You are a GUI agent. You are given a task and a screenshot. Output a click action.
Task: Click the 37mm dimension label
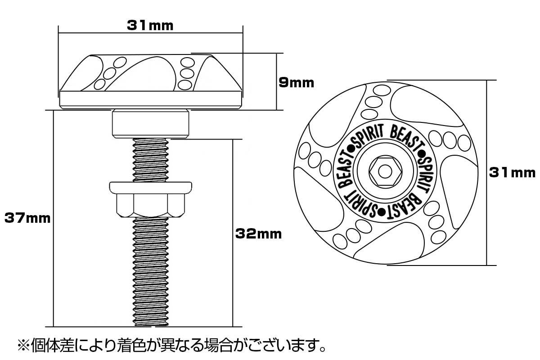(27, 218)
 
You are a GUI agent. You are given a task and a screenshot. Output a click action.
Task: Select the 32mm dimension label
(258, 234)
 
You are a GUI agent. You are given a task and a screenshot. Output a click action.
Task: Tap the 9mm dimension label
(296, 83)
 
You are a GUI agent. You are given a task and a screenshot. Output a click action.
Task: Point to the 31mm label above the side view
(150, 26)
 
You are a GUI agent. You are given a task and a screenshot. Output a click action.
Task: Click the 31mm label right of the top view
(513, 173)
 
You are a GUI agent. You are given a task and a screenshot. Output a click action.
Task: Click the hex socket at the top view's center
(385, 171)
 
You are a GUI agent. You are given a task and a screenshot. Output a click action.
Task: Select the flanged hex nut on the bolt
(150, 200)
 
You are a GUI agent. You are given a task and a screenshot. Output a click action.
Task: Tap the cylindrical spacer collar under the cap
(150, 124)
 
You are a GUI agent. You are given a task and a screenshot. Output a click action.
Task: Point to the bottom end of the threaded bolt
(151, 325)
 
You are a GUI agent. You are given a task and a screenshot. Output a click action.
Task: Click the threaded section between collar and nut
(151, 160)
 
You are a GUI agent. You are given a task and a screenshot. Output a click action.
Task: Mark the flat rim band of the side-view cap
(151, 99)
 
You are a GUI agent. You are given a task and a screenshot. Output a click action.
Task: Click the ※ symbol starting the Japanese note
(23, 346)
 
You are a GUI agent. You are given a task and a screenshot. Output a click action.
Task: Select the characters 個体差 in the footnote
(53, 346)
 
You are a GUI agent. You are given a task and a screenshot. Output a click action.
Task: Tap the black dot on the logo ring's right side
(422, 153)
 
